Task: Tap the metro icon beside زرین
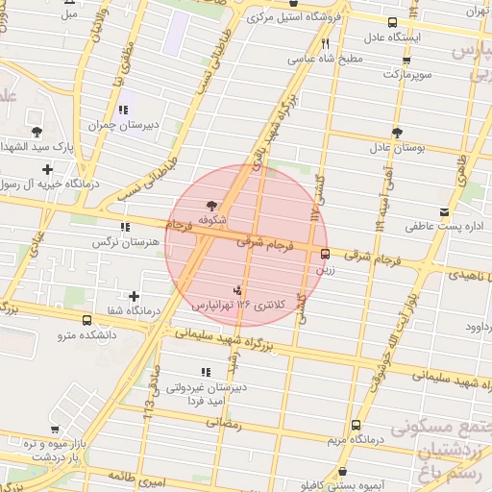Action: click(325, 255)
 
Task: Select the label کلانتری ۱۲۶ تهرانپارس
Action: click(223, 305)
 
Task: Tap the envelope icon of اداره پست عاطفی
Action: click(443, 211)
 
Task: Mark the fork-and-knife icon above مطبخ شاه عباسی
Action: click(325, 43)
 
